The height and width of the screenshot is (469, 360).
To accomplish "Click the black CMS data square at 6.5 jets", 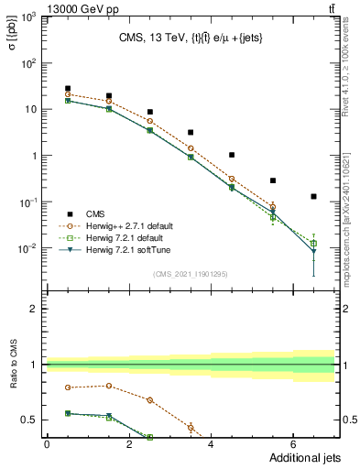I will pyautogui.click(x=313, y=196).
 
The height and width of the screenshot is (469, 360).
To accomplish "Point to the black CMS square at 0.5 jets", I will pyautogui.click(x=68, y=89).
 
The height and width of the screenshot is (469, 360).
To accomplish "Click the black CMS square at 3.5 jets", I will pyautogui.click(x=191, y=133).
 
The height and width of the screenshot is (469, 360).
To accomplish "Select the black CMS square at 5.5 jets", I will pyautogui.click(x=273, y=180).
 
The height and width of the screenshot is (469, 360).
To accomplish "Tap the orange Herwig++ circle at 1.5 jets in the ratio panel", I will pyautogui.click(x=109, y=386).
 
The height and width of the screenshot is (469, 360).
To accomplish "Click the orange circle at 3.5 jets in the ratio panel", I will pyautogui.click(x=191, y=428).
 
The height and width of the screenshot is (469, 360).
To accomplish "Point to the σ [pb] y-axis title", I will pyautogui.click(x=13, y=36).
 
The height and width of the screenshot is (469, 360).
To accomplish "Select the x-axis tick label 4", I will pyautogui.click(x=211, y=445).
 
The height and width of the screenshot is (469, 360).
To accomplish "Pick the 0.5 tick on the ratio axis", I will pyautogui.click(x=30, y=420).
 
